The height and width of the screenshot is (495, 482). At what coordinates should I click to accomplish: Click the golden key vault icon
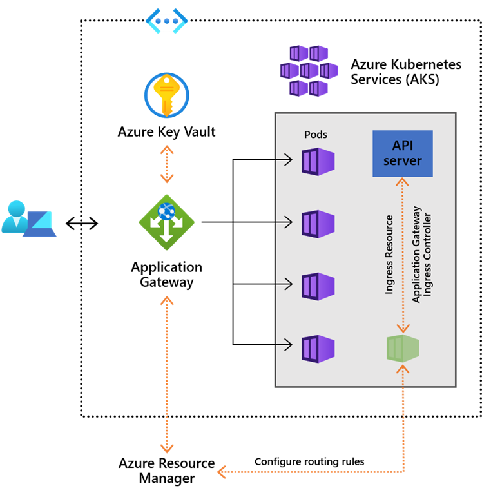click(166, 95)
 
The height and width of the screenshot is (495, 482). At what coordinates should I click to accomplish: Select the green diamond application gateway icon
click(166, 222)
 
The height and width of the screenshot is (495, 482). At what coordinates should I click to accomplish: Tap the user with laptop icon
click(28, 219)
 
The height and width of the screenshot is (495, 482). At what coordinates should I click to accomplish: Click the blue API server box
click(403, 153)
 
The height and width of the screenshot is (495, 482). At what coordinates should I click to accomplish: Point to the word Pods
click(316, 135)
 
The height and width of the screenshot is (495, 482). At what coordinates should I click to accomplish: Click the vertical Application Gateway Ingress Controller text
click(422, 255)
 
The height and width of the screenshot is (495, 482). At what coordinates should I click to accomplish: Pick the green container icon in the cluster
click(403, 348)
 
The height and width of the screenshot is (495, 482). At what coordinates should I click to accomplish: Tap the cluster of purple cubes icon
click(309, 70)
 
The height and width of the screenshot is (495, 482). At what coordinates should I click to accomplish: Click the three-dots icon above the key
click(166, 21)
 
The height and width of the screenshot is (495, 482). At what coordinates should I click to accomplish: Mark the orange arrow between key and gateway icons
click(167, 164)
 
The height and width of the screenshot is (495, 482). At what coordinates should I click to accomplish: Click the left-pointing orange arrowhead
click(221, 472)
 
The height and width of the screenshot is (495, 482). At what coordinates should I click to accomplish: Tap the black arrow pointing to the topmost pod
click(284, 159)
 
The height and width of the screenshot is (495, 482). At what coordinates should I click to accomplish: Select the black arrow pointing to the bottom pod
click(284, 345)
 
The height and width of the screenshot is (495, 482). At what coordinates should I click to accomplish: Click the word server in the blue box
click(403, 161)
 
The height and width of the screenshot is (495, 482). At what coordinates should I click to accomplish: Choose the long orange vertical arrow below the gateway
click(167, 374)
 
